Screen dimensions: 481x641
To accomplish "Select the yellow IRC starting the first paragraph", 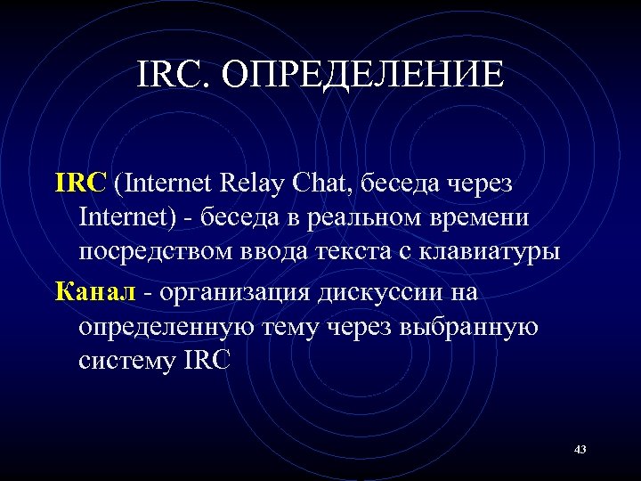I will point(81,183).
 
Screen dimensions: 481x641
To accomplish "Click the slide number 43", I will point(580,449).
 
